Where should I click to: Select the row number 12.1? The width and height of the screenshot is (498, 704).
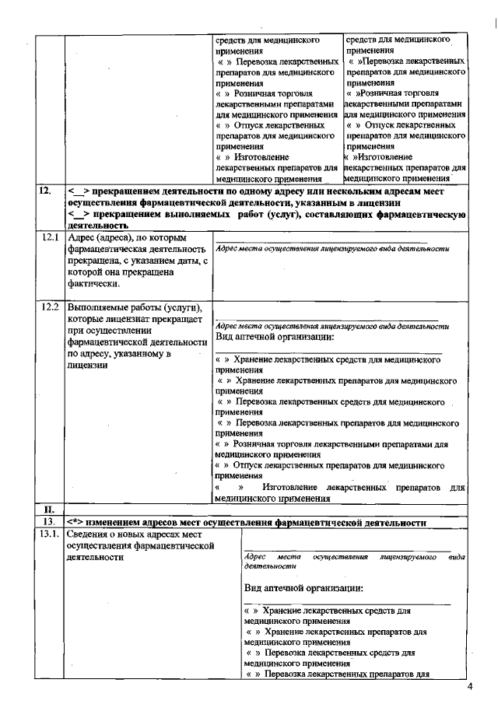click(51, 236)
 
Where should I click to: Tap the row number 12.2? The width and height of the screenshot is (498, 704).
click(51, 306)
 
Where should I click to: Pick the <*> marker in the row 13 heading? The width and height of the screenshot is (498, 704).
click(75, 522)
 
